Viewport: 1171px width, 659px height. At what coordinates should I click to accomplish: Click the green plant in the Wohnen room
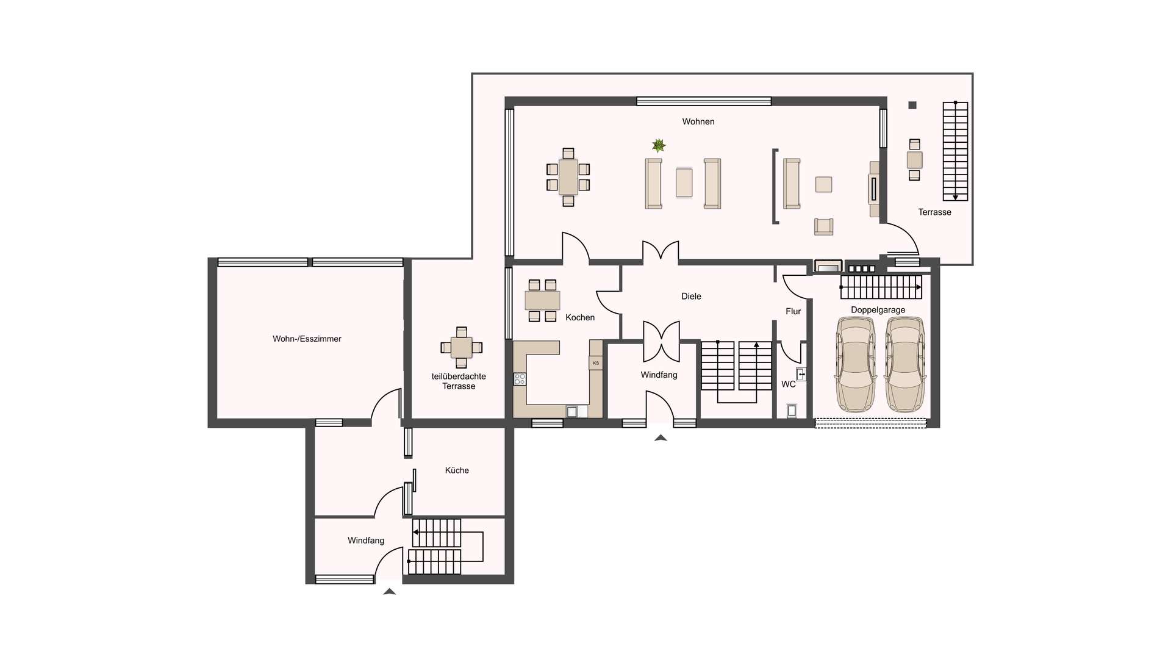(659, 145)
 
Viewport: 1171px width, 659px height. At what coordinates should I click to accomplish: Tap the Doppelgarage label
(878, 310)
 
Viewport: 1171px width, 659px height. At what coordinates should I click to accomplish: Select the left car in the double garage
(856, 364)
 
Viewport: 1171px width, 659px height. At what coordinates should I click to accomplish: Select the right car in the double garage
(905, 364)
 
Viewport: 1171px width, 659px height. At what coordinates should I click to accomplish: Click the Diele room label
(691, 297)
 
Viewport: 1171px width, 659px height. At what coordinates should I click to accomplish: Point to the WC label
(789, 384)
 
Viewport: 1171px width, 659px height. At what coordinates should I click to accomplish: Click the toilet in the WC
(792, 411)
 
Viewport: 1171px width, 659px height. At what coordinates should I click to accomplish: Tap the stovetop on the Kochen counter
(520, 379)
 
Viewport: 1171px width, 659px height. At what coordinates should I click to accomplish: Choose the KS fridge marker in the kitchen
(596, 363)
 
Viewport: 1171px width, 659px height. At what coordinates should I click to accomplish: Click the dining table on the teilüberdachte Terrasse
(462, 348)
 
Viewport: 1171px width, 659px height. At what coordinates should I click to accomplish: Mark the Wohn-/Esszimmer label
(307, 339)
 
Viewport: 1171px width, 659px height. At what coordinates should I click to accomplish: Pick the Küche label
(457, 470)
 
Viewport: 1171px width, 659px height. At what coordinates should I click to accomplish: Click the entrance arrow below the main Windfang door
(661, 438)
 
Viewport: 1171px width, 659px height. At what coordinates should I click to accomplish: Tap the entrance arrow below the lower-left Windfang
(389, 591)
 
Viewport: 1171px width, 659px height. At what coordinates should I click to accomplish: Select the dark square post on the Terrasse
(912, 106)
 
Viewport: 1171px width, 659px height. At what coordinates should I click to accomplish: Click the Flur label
(793, 311)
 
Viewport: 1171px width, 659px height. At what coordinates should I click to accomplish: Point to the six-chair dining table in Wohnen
(568, 176)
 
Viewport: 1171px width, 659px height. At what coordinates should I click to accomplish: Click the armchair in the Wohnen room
(823, 226)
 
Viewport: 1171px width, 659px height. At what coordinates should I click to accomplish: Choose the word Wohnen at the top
(698, 122)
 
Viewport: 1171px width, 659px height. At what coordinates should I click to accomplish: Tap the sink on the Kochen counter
(571, 412)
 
